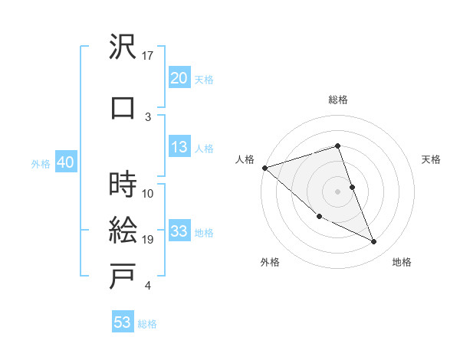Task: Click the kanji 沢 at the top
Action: pyautogui.click(x=123, y=47)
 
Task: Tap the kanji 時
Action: pyautogui.click(x=123, y=184)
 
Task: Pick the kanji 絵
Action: pyautogui.click(x=123, y=230)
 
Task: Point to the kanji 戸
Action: pyautogui.click(x=123, y=277)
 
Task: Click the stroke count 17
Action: pyautogui.click(x=149, y=56)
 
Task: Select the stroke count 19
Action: pyautogui.click(x=149, y=240)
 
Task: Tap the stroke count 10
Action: pyautogui.click(x=149, y=193)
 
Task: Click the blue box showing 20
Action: pyautogui.click(x=179, y=78)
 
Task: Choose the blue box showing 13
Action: pyautogui.click(x=179, y=147)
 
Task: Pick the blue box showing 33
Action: pyautogui.click(x=179, y=231)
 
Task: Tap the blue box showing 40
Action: pyautogui.click(x=65, y=162)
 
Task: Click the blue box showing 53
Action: pyautogui.click(x=123, y=322)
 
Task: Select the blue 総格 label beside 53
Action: pyautogui.click(x=147, y=324)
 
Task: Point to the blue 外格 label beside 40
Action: pyautogui.click(x=40, y=163)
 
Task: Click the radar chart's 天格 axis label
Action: pyautogui.click(x=432, y=159)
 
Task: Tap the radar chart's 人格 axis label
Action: pyautogui.click(x=245, y=159)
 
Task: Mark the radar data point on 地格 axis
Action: pyautogui.click(x=374, y=242)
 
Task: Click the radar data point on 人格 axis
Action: pyautogui.click(x=264, y=168)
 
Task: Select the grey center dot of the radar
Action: pyautogui.click(x=338, y=191)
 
